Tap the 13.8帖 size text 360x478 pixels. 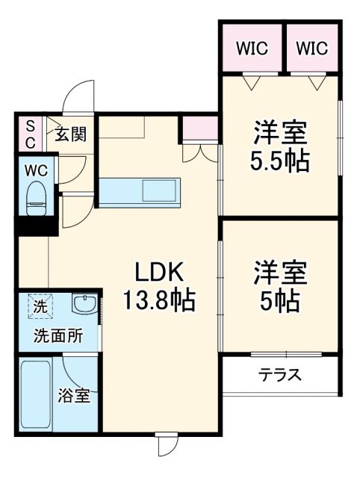tap(159, 301)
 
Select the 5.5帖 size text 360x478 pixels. tap(280, 160)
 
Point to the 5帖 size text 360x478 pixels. tap(280, 300)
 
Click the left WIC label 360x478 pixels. tap(252, 49)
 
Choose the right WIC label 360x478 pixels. tap(311, 49)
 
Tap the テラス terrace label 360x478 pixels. tap(280, 375)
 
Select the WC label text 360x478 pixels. tap(36, 170)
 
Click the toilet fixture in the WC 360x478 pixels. tap(36, 197)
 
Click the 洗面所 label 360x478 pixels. tap(57, 336)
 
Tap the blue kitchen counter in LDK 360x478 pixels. tap(139, 192)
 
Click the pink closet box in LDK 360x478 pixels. tap(199, 129)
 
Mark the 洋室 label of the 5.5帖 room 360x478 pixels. tap(280, 133)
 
